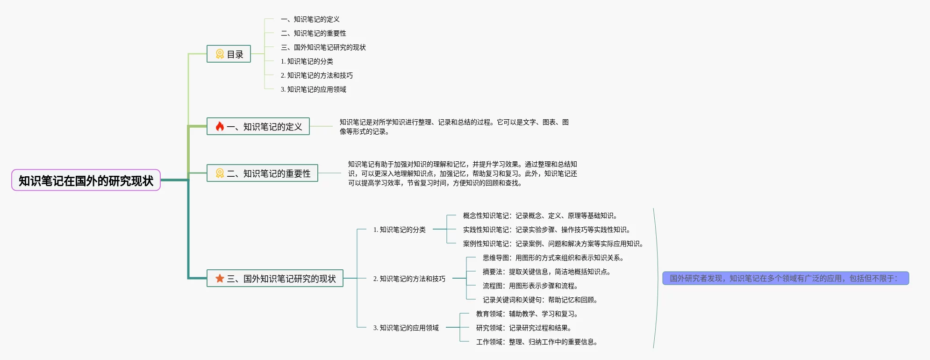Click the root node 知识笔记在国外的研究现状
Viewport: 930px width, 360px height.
86,180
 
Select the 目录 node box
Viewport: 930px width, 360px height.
229,54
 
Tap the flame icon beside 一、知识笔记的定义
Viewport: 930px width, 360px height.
220,126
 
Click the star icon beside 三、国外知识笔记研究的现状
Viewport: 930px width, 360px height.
220,279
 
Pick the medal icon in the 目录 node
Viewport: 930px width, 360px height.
220,54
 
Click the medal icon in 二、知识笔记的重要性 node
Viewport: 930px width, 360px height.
220,173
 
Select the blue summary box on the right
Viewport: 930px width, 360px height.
785,278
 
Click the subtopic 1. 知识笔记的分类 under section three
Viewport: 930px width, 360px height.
399,230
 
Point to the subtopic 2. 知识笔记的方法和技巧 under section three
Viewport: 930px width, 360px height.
409,279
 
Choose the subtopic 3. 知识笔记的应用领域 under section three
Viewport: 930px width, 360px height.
406,328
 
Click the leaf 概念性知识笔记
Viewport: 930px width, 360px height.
541,216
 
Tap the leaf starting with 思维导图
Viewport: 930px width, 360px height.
553,258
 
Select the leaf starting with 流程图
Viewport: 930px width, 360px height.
530,286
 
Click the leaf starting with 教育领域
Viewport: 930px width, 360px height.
527,314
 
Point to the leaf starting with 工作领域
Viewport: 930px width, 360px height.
537,342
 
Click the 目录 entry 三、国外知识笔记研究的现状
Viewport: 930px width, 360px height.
323,47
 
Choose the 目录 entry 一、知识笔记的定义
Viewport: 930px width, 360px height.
310,19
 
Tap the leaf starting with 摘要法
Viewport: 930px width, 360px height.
546,272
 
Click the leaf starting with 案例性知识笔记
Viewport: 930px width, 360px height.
553,244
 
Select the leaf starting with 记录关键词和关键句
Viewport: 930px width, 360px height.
540,300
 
